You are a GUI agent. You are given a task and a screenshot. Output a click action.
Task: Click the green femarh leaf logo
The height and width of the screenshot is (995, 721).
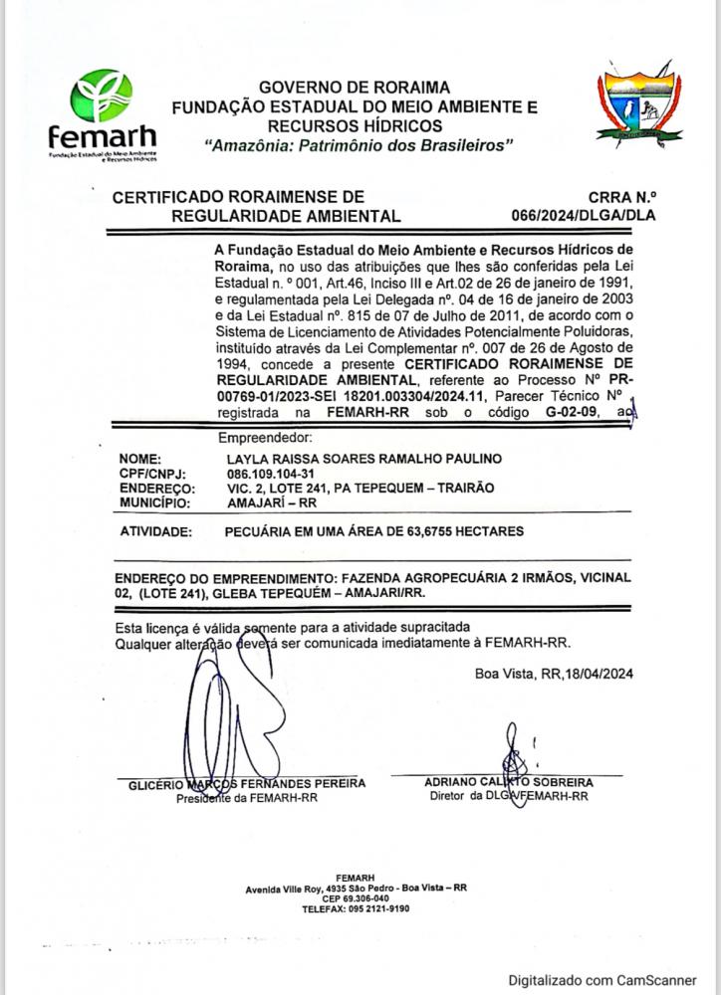[x=101, y=97]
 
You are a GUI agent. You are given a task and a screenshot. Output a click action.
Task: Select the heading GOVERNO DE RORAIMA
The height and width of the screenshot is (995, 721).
[x=355, y=87]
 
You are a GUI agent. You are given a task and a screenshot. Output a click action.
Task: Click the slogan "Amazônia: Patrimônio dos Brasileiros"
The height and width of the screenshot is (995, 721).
[x=358, y=145]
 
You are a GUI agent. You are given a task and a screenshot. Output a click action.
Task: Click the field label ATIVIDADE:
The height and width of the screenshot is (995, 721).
[x=155, y=532]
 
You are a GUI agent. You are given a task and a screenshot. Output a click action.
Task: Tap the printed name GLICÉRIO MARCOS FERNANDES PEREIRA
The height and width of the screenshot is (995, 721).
[x=247, y=784]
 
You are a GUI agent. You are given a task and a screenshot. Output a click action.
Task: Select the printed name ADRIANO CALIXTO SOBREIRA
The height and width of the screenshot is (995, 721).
[x=508, y=783]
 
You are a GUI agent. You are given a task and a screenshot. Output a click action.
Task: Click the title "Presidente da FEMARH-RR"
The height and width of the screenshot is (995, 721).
[x=246, y=798]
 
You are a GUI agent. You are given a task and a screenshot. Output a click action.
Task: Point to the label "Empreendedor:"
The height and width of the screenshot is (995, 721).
[x=265, y=437]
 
